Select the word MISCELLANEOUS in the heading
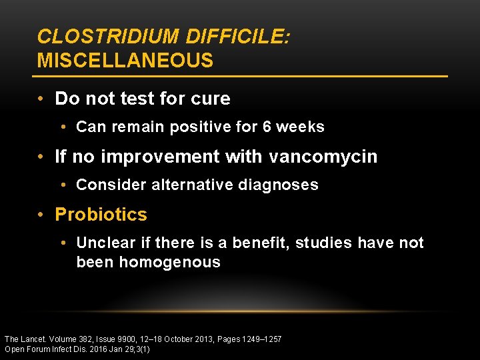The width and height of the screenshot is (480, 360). (x=125, y=61)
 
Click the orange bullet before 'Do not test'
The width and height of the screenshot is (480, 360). (x=42, y=99)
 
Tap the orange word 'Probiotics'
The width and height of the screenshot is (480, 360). (x=101, y=215)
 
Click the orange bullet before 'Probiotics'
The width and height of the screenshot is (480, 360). (x=42, y=215)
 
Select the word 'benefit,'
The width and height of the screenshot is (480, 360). (x=259, y=243)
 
